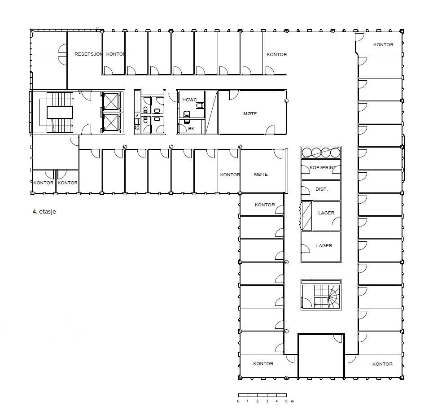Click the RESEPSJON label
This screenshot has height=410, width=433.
[88, 54]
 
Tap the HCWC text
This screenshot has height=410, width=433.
[190, 100]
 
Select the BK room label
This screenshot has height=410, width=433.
[192, 129]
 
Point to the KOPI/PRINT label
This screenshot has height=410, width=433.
[323, 167]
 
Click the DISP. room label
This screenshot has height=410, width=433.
[321, 189]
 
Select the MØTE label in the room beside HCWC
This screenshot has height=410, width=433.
[250, 114]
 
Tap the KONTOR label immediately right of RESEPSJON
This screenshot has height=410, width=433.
[116, 54]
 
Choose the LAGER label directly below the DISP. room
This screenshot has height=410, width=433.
[326, 213]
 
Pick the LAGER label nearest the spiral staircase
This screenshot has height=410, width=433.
[324, 246]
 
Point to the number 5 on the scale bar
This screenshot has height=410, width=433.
[286, 401]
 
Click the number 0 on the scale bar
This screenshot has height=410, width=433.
[238, 401]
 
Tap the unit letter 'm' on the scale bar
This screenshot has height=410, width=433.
[292, 401]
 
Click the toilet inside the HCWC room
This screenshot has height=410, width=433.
[200, 106]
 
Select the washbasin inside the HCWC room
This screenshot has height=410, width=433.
[187, 114]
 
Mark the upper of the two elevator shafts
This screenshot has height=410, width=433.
[110, 101]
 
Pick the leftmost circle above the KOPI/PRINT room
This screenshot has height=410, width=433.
[306, 153]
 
